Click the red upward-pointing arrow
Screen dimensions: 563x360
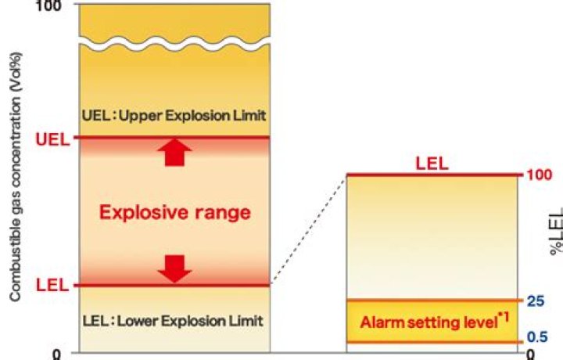coord(174,153)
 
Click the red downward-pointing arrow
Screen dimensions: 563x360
coord(174,268)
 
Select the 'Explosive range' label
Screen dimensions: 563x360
coord(175,212)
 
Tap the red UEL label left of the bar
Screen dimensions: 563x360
coord(52,140)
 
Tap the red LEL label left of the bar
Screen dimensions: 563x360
coord(52,286)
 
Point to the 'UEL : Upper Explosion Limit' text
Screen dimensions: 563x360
coord(174,116)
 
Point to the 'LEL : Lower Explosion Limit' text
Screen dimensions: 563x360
coord(173,321)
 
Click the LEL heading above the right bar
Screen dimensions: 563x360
coord(432,164)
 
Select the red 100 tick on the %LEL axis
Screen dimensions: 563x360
coord(540,175)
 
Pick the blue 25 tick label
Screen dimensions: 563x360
coord(536,301)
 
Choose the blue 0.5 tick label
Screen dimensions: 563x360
coord(537,337)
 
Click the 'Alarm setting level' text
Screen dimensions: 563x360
coord(429,322)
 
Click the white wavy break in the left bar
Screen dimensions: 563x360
coord(174,43)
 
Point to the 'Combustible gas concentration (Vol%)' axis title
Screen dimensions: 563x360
coord(15,177)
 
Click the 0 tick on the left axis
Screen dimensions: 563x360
coord(57,355)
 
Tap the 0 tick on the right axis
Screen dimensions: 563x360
coord(531,355)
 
